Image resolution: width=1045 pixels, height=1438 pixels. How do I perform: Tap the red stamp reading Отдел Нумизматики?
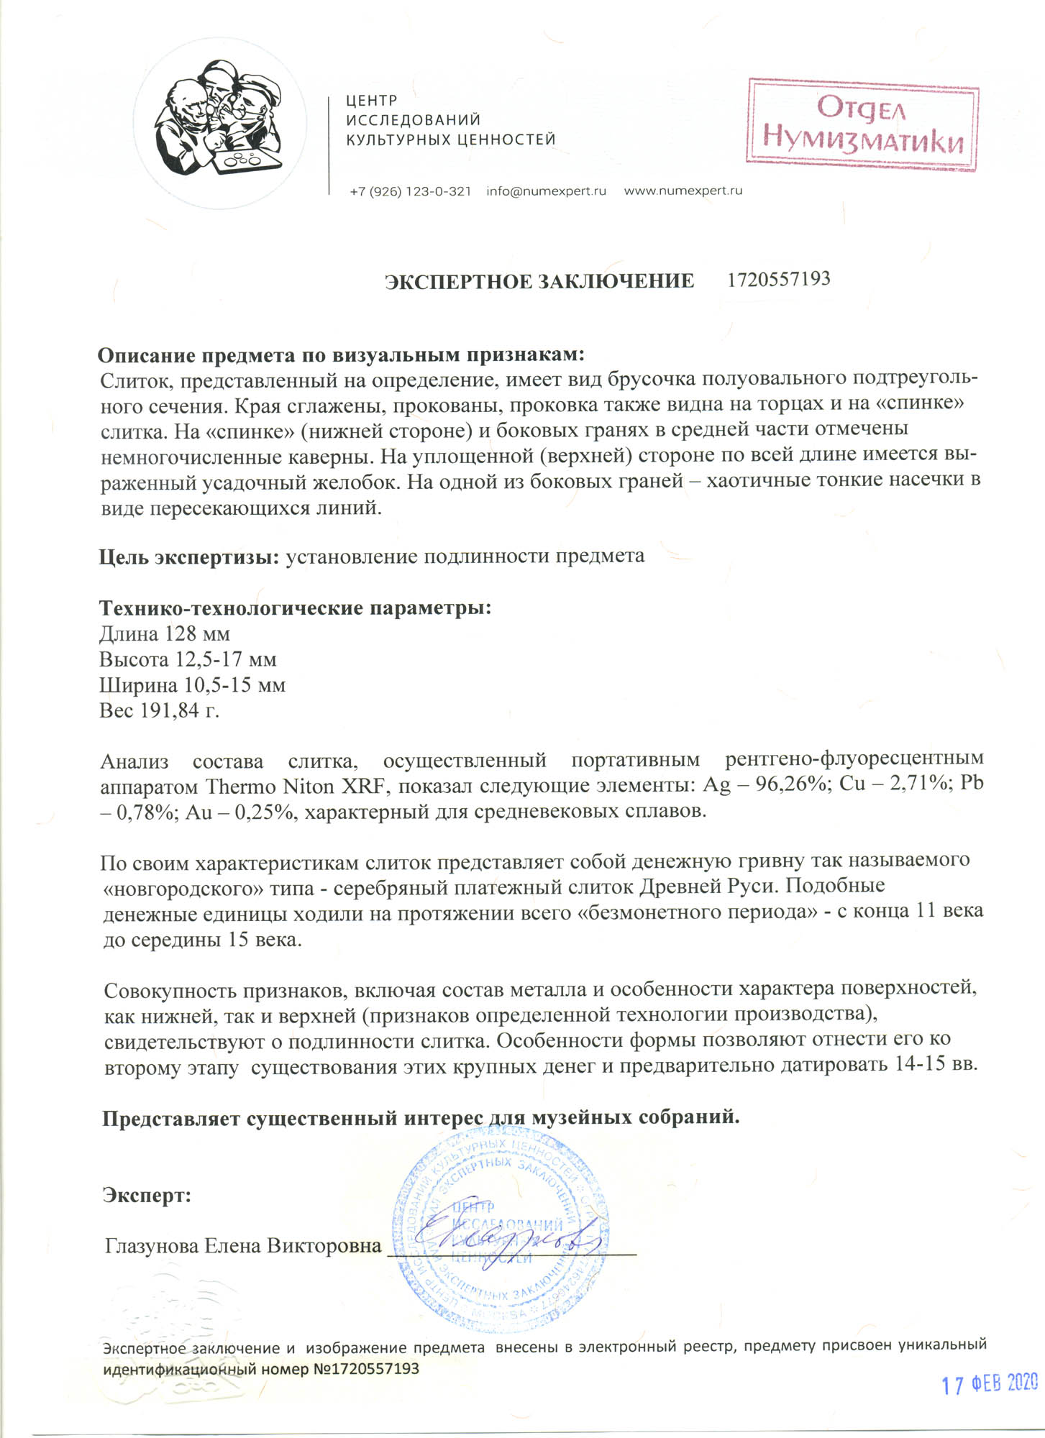click(x=863, y=124)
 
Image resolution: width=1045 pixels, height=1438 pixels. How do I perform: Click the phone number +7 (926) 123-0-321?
click(x=410, y=191)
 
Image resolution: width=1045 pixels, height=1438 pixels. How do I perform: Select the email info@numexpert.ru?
click(x=546, y=191)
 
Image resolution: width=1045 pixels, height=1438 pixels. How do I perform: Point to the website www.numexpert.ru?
click(x=683, y=191)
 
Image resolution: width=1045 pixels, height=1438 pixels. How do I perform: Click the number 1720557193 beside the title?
click(x=778, y=279)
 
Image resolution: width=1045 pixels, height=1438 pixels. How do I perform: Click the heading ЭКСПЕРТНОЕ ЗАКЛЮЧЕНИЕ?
click(x=539, y=280)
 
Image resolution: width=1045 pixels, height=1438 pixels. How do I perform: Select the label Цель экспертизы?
click(x=189, y=557)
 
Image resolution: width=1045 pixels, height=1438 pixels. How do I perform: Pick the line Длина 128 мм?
click(x=165, y=634)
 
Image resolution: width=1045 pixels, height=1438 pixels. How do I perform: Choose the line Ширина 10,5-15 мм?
click(x=192, y=685)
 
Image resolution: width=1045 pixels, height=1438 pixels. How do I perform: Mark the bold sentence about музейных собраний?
click(x=421, y=1118)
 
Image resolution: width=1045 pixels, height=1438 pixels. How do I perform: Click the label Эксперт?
click(x=147, y=1196)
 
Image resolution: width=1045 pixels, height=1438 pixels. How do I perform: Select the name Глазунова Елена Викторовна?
click(x=242, y=1245)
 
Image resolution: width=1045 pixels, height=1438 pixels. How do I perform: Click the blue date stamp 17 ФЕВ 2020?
click(x=990, y=1383)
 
